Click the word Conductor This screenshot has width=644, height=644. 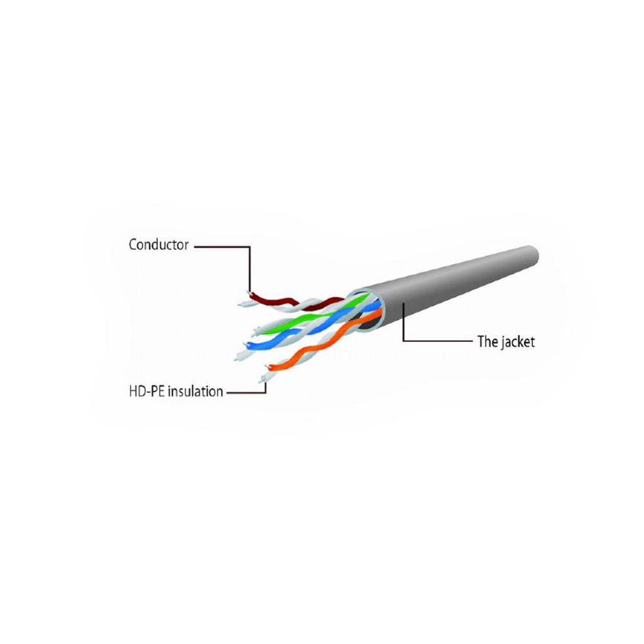pos(158,245)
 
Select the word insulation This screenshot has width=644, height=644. pos(195,392)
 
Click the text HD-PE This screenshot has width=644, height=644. pos(147,392)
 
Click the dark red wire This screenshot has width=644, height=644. pos(296,302)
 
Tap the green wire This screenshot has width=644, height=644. pos(312,316)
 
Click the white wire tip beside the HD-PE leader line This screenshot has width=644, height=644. pos(261,381)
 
